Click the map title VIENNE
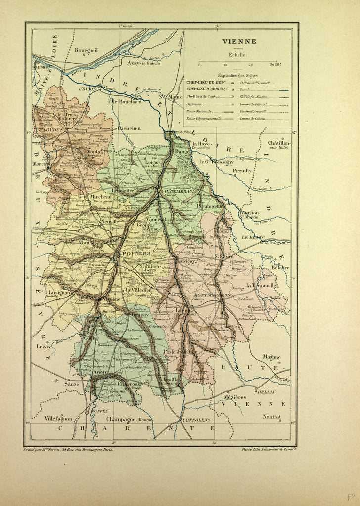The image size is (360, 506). point(238,42)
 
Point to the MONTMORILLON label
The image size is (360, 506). point(215,295)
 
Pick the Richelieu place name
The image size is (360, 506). point(130,128)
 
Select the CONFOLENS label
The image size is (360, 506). point(196,420)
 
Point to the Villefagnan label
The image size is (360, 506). point(59,418)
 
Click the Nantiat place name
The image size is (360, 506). point(271,417)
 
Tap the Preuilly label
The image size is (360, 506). point(242,170)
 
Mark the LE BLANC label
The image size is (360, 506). point(251,237)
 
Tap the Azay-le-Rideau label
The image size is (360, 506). point(143,64)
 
